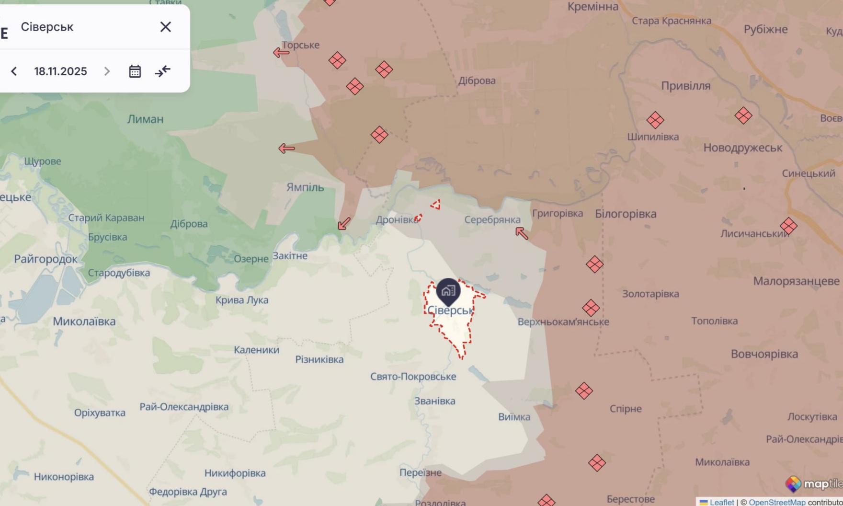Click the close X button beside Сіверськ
(165, 27)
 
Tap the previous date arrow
(14, 71)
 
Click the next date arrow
(107, 71)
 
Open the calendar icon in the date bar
(135, 71)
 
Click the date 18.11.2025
(60, 71)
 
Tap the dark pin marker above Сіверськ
(448, 290)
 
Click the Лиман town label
(145, 119)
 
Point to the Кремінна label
(592, 7)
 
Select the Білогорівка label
(626, 214)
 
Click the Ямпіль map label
(305, 187)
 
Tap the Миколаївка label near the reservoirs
(84, 321)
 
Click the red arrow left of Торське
(281, 52)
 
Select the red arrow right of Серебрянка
(522, 233)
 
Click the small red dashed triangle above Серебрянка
(435, 205)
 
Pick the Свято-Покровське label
(413, 377)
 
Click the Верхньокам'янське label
(563, 322)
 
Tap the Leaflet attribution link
(721, 502)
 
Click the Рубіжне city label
(765, 29)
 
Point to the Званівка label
(435, 401)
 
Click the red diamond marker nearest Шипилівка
(655, 120)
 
